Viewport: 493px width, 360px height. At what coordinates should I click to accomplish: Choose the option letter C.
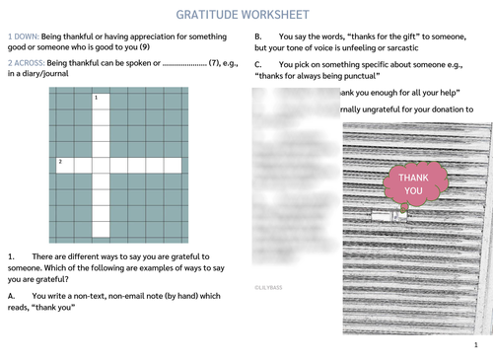tap(257, 64)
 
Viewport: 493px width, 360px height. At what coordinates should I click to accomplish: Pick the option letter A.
tap(10, 295)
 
